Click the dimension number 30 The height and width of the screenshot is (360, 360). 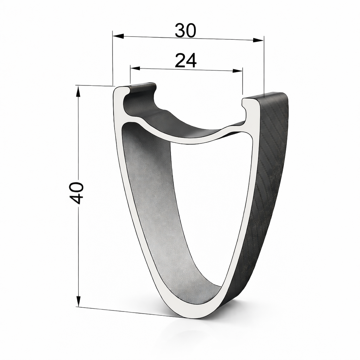(186, 31)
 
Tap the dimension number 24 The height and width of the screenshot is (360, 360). (186, 60)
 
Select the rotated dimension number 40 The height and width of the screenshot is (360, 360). (77, 193)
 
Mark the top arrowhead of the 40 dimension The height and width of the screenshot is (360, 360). (78, 91)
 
